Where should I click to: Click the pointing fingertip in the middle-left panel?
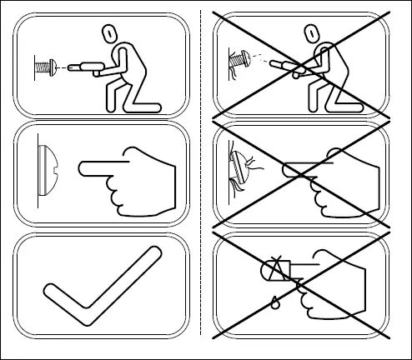coord(82,170)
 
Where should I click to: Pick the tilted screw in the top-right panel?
coord(238,59)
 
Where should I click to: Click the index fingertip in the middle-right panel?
coord(286,170)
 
